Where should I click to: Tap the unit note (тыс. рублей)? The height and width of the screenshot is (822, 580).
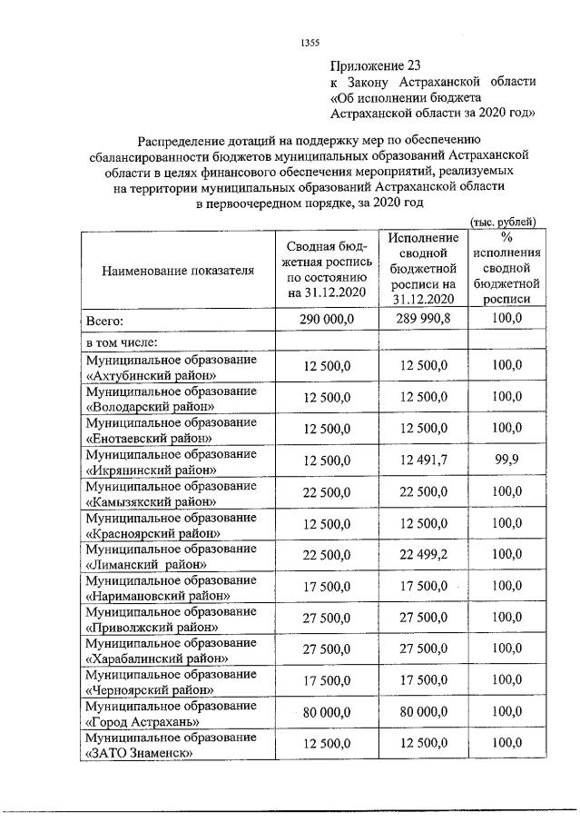505,222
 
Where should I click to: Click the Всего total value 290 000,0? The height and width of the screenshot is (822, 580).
326,320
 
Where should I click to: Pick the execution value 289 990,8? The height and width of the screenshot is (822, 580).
422,320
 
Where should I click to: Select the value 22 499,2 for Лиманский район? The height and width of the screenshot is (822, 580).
422,556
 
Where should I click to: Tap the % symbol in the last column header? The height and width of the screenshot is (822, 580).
506,237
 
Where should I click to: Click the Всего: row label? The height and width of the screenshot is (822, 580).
104,320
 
